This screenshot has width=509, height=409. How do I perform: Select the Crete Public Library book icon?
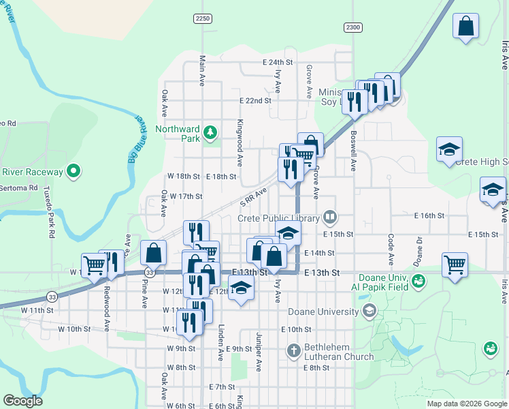click(330, 218)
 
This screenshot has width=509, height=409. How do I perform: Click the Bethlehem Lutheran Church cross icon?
click(294, 351)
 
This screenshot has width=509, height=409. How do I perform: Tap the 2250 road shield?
click(202, 18)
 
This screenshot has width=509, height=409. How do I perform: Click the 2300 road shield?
click(352, 27)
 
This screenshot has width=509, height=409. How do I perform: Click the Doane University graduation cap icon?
click(369, 312)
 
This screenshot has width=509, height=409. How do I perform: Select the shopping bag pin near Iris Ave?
click(467, 27)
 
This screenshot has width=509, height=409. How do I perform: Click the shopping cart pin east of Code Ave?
click(455, 264)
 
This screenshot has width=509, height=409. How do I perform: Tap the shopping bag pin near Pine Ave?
click(154, 253)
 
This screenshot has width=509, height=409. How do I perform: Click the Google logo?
click(23, 401)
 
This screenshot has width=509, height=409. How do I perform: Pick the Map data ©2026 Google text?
click(466, 404)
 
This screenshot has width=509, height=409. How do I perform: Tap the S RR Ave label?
click(253, 198)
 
